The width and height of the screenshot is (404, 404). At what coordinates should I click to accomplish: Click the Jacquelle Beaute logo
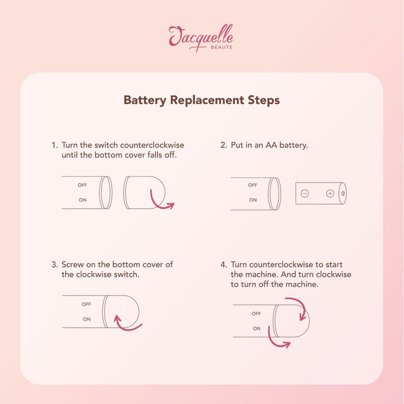click(x=201, y=38)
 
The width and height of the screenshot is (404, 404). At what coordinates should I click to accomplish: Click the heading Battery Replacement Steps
click(x=201, y=100)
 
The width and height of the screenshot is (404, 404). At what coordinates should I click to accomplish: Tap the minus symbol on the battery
click(x=305, y=193)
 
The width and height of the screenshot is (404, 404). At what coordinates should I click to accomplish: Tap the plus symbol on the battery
click(x=330, y=193)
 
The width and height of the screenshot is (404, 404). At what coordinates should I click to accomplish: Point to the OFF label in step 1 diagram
click(x=82, y=185)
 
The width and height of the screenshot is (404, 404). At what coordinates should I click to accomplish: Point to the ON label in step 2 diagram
click(x=253, y=200)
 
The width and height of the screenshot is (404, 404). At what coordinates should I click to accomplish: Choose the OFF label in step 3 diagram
click(x=86, y=304)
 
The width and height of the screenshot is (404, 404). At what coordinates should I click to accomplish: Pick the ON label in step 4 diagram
click(x=257, y=328)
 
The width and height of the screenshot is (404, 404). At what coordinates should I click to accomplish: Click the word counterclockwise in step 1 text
click(x=152, y=145)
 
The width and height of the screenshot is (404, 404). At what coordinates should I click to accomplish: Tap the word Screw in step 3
click(x=73, y=265)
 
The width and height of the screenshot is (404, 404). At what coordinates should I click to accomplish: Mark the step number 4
click(x=224, y=265)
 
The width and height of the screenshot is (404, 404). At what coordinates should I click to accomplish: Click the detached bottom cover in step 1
click(x=144, y=193)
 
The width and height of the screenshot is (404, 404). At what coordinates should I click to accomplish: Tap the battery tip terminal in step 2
click(x=343, y=193)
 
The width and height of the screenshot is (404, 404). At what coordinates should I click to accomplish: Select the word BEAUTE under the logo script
click(x=221, y=47)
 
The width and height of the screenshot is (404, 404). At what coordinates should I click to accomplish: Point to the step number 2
click(x=224, y=145)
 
